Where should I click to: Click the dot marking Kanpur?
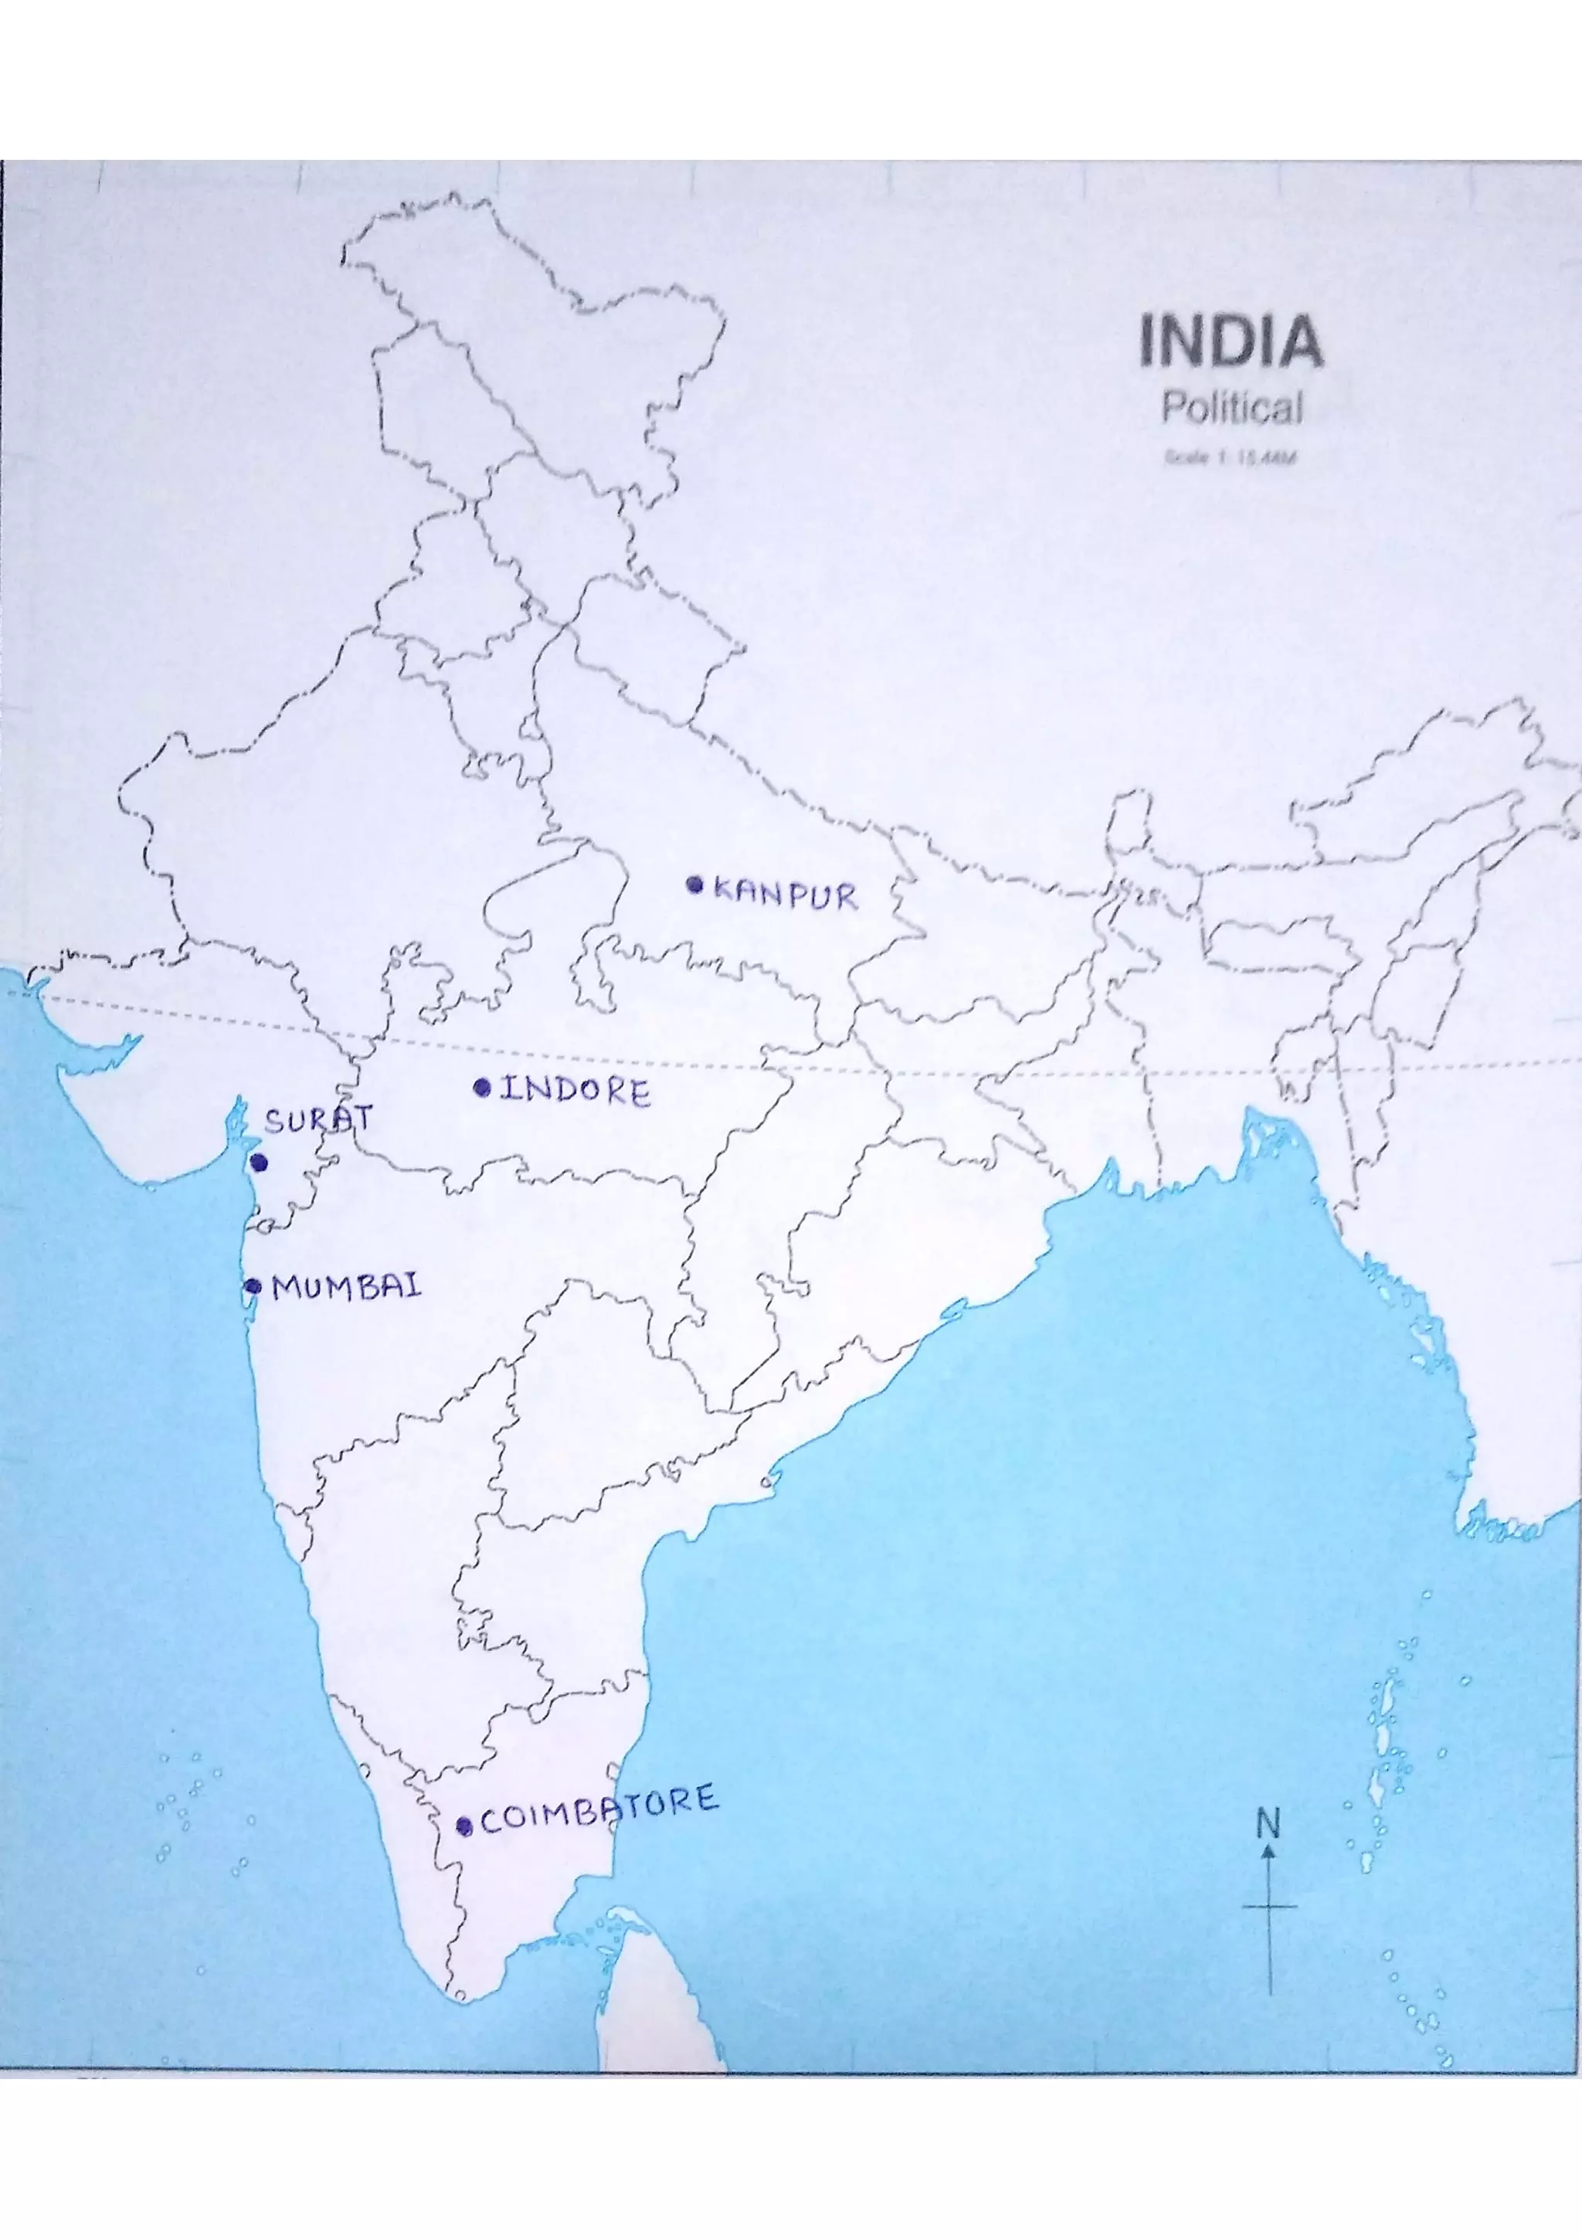click(x=694, y=885)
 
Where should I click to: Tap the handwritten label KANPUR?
click(x=786, y=893)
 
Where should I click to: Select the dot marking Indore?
click(x=480, y=1087)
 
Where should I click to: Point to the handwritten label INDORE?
click(x=575, y=1090)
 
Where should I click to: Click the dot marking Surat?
click(x=258, y=1163)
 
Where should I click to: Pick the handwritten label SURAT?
click(x=317, y=1120)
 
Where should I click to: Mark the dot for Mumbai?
click(x=253, y=1286)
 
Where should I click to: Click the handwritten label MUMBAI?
click(x=347, y=1287)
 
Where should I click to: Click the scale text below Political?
click(x=1230, y=457)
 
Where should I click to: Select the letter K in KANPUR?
click(x=723, y=888)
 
